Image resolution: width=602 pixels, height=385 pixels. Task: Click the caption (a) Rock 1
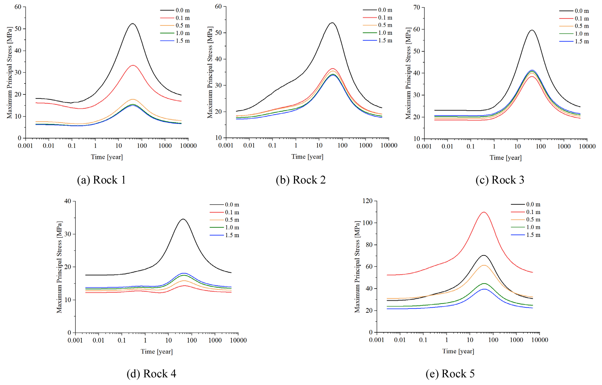[x=101, y=180]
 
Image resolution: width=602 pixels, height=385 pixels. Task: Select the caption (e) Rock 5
[x=450, y=374]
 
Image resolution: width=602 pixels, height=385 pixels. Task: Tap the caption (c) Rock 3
[x=499, y=180]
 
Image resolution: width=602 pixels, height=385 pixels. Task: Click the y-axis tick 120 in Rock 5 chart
[x=367, y=201]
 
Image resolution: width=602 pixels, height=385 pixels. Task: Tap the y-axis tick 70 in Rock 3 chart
[x=416, y=7]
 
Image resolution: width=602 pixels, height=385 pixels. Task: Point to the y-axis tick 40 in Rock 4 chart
[x=68, y=201]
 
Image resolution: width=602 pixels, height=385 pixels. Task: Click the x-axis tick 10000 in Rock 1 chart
[x=189, y=146]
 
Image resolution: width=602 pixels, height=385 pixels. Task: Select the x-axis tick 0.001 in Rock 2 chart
[x=226, y=145]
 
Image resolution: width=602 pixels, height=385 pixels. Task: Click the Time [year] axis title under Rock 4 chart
[x=156, y=352]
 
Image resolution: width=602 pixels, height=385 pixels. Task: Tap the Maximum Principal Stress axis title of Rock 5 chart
[x=357, y=267]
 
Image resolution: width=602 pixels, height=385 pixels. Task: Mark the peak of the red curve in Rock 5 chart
[x=484, y=212]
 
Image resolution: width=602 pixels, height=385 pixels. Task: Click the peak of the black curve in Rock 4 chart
[x=183, y=219]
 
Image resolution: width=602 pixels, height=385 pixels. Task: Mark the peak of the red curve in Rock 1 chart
[x=133, y=65]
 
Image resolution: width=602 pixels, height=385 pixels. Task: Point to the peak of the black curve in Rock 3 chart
[x=532, y=30]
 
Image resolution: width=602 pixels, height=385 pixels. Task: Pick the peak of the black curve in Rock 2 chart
[x=332, y=23]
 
